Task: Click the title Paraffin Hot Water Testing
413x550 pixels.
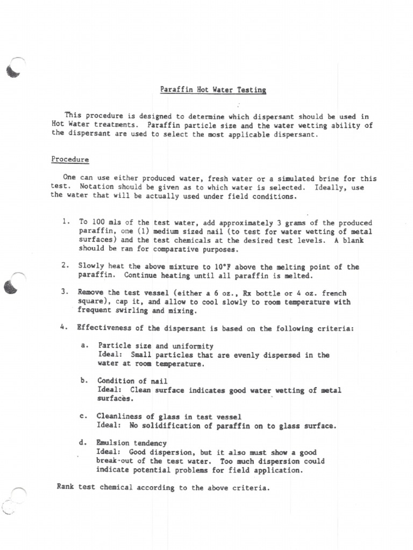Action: point(213,90)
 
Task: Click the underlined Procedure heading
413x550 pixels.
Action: point(70,160)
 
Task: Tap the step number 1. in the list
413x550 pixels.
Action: point(66,222)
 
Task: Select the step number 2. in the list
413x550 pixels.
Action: point(65,265)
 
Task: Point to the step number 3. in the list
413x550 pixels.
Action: point(65,292)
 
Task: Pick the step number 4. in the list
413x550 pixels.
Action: point(65,328)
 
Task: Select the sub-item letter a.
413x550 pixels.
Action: point(84,345)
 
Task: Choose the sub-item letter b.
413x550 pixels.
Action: point(84,381)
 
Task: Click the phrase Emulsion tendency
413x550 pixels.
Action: point(131,443)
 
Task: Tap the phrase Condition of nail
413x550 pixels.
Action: point(129,381)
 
